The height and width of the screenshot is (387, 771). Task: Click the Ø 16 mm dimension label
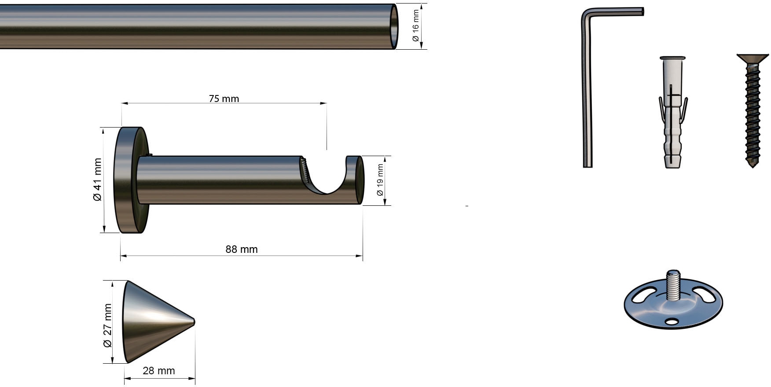[x=415, y=26]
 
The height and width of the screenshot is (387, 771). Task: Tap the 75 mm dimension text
[x=224, y=99]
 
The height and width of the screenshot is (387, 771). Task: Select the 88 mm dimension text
[x=242, y=249]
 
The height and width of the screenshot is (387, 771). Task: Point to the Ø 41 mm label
[x=97, y=179]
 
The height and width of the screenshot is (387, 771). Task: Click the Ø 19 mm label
[x=380, y=180]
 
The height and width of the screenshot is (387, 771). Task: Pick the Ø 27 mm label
[x=107, y=325]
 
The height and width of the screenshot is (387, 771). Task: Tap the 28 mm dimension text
[x=159, y=371]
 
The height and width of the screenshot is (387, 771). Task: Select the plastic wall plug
[x=672, y=112]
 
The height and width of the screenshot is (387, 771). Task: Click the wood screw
[x=753, y=110]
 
